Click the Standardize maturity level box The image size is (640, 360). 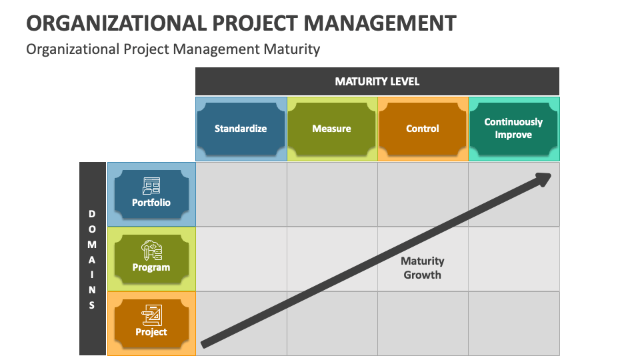241,129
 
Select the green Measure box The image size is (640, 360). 331,129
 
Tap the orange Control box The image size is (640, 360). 423,129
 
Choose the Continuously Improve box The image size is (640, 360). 513,129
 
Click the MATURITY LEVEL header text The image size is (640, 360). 377,81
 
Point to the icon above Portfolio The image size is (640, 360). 151,185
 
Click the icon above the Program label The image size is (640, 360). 151,250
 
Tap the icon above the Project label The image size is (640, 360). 151,314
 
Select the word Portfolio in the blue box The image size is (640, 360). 151,203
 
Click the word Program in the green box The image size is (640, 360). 151,267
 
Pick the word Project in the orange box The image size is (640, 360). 151,332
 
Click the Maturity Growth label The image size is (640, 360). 423,267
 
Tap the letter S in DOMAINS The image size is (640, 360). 92,305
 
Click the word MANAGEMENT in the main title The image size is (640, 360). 380,23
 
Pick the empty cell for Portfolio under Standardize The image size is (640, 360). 241,194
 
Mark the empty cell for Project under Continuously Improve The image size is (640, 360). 513,323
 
